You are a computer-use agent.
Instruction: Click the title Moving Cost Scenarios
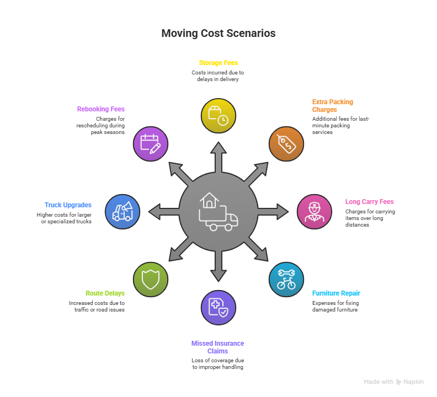[x=218, y=34]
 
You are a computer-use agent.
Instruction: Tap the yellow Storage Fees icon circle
[x=218, y=116]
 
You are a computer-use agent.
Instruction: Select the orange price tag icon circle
[x=286, y=144]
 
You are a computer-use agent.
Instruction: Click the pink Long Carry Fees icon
[x=315, y=212]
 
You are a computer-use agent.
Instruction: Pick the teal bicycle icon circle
[x=286, y=280]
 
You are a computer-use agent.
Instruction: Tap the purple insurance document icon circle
[x=218, y=308]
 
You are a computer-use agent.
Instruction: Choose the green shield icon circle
[x=151, y=280]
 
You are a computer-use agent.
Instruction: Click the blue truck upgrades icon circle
[x=122, y=212]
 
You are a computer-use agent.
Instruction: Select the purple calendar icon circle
[x=151, y=144]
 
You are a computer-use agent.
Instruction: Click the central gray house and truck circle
[x=218, y=212]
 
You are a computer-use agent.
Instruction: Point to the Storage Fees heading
[x=218, y=63]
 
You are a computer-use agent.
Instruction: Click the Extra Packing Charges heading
[x=332, y=105]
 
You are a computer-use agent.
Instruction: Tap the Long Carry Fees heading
[x=369, y=202]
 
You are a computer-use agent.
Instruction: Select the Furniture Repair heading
[x=336, y=293]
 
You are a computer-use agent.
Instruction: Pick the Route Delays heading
[x=105, y=293]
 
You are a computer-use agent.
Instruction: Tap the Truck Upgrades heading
[x=68, y=205]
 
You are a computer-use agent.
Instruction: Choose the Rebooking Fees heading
[x=100, y=109]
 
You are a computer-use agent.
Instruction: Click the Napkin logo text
[x=413, y=382]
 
